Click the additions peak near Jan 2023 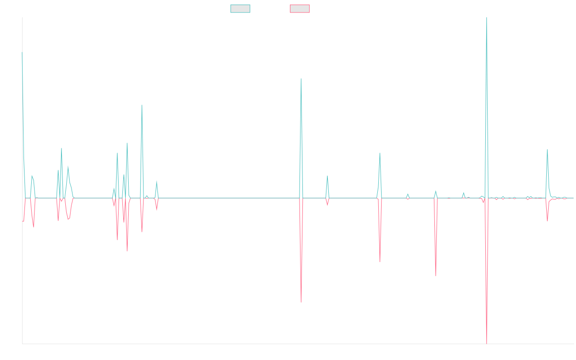pos(301,79)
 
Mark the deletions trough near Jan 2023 pos(301,302)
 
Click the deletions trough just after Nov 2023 pos(380,262)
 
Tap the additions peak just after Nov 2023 pos(380,153)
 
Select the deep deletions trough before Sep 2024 pos(436,276)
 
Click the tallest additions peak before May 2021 pos(142,105)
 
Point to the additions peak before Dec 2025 pos(547,150)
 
